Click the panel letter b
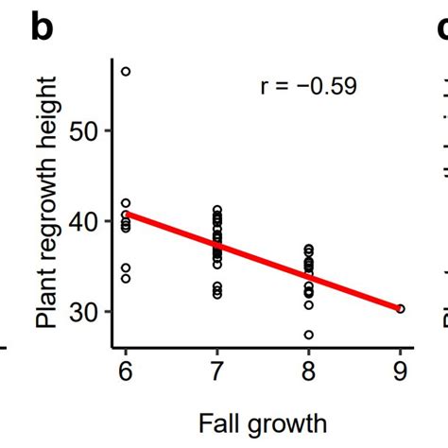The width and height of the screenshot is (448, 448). (43, 27)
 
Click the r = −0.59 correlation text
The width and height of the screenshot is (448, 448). (308, 88)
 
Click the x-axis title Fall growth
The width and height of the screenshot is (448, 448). (262, 422)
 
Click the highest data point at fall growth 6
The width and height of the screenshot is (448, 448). (126, 72)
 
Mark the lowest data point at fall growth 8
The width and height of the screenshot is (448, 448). (309, 335)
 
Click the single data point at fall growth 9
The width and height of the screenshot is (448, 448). (401, 308)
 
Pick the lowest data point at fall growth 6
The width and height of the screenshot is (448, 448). (126, 279)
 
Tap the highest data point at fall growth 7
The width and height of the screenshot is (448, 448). (217, 209)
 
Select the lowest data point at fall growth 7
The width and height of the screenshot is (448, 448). (217, 295)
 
